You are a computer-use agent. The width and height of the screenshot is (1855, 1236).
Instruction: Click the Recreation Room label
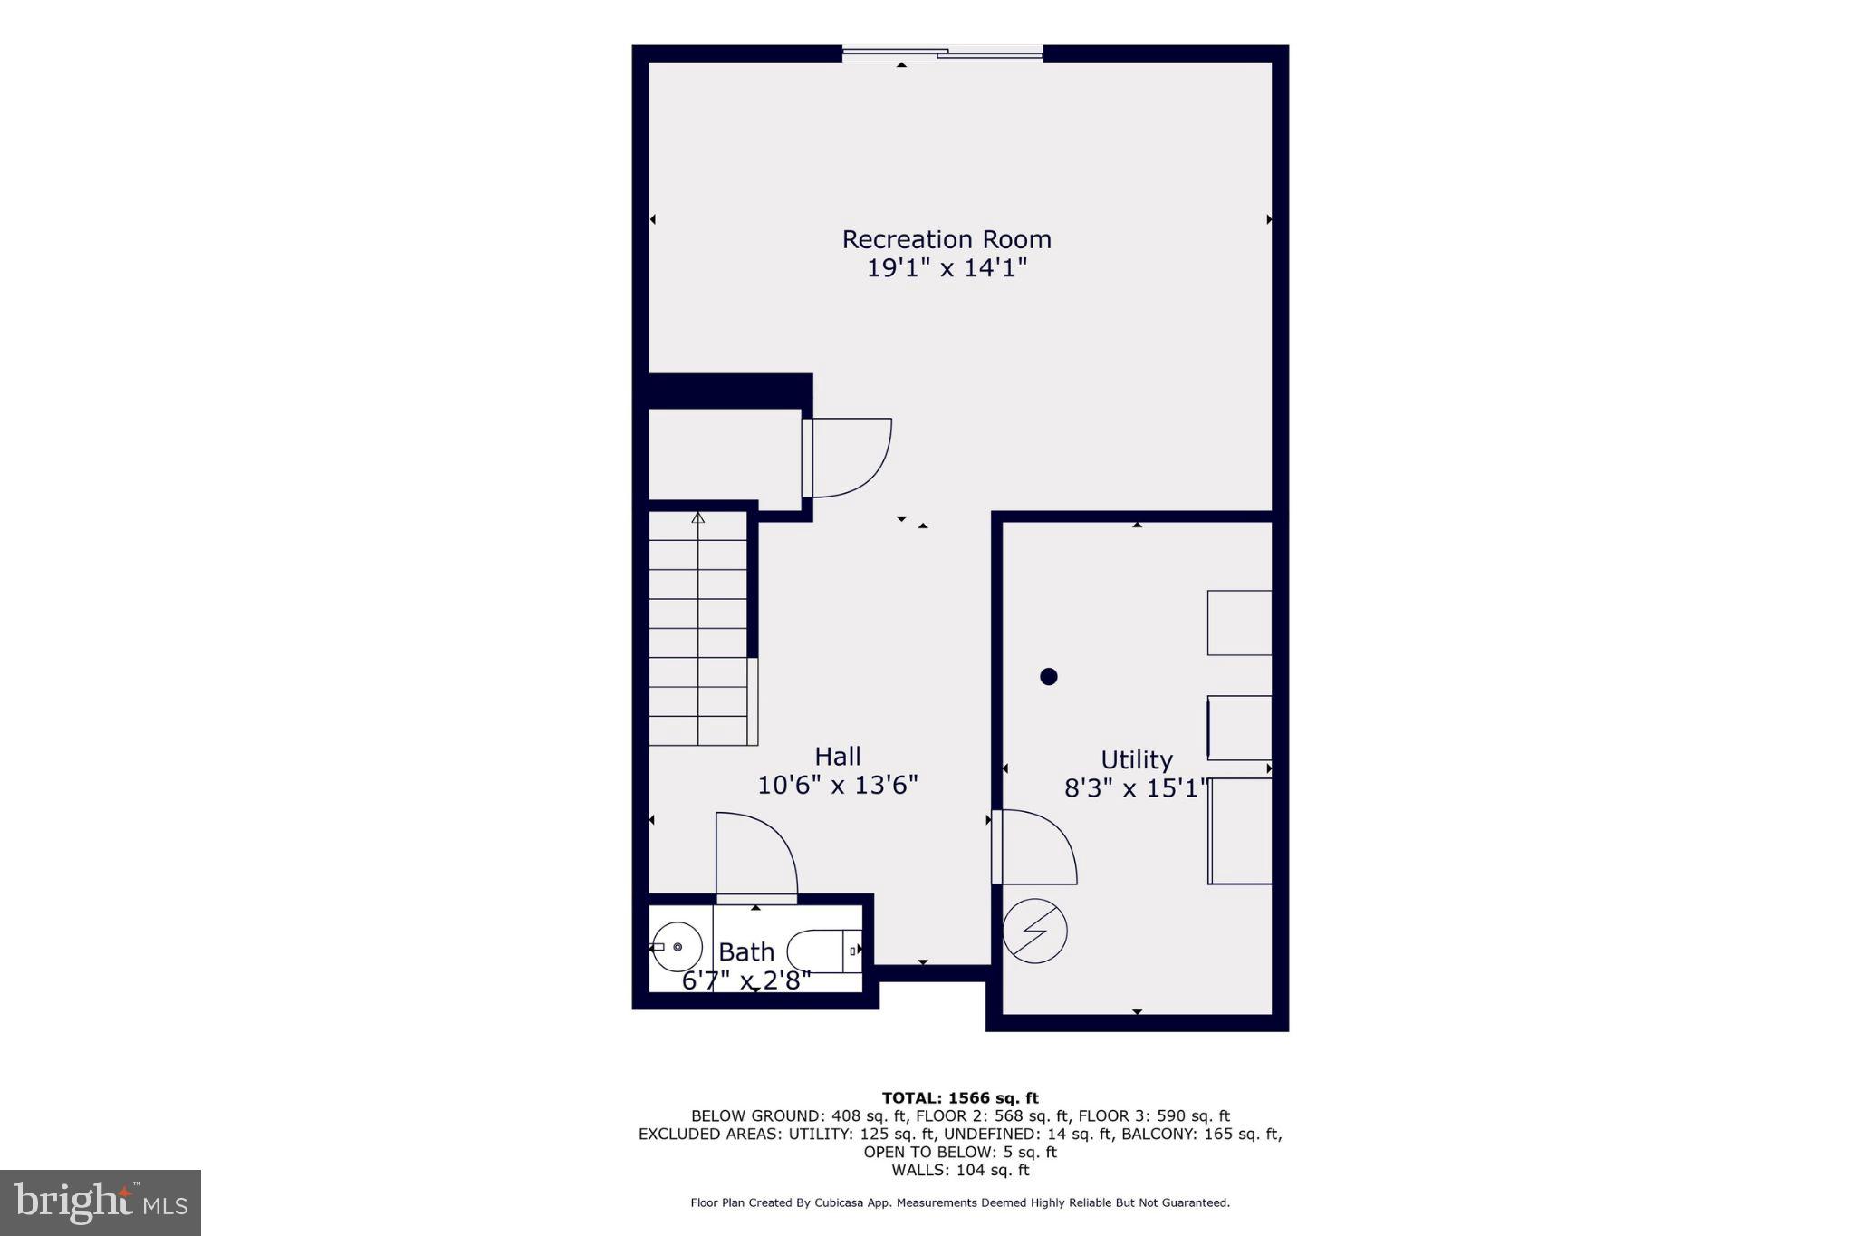pos(947,239)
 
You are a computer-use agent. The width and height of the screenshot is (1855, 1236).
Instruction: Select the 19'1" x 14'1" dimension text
pos(947,268)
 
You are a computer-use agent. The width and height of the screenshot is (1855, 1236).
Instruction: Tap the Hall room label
pos(837,756)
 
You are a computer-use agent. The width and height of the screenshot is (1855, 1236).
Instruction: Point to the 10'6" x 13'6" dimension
pos(837,785)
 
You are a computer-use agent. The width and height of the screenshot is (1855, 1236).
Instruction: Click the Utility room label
pos(1136,759)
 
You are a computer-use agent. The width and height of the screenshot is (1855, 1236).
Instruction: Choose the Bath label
pos(746,951)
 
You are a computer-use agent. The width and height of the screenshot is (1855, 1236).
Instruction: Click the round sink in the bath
pos(678,947)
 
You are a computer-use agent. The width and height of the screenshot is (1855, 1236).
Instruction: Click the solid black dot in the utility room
pos(1049,676)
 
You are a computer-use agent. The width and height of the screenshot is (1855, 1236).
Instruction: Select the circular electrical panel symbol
pos(1035,931)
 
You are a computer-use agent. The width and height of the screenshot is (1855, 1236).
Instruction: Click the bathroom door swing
pos(756,856)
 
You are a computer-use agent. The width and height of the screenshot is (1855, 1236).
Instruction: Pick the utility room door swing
pos(1034,847)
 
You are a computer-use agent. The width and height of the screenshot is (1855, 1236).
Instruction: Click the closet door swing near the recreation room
pos(848,458)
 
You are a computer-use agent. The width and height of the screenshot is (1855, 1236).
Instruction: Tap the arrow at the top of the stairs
pos(697,517)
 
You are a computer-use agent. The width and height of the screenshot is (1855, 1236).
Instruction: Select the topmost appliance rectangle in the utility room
pos(1239,623)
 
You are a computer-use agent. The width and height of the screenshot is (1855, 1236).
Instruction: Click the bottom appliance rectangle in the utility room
pos(1240,831)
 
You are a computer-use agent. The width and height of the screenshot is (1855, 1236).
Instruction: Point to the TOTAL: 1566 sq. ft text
pos(960,1098)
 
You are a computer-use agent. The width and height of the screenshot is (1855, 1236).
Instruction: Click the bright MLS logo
pos(101,1202)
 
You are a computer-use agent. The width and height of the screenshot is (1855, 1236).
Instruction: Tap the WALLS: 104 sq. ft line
pos(960,1170)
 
